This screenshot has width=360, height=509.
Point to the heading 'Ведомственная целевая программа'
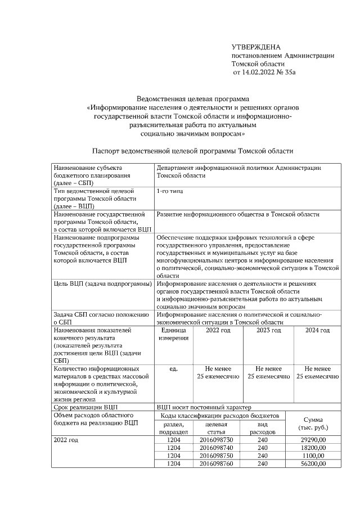coord(192,99)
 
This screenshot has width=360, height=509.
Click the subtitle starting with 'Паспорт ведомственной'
coord(192,151)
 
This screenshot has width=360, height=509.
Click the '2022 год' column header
coord(218,330)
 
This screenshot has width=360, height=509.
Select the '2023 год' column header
coord(269,330)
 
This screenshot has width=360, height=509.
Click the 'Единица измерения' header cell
coord(173,334)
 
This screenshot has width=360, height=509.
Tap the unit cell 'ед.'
coord(173,368)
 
